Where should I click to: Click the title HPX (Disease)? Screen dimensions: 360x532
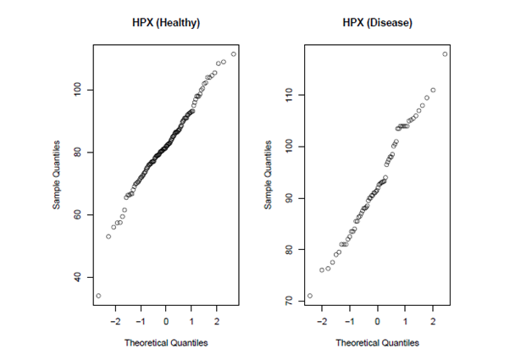377,23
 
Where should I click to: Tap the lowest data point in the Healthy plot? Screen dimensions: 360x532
98,296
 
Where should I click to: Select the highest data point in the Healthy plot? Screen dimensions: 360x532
234,54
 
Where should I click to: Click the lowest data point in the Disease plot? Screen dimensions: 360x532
309,296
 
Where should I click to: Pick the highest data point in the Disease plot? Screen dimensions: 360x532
445,54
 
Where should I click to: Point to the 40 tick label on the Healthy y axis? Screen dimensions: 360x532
77,277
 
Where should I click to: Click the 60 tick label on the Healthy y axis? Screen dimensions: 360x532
77,214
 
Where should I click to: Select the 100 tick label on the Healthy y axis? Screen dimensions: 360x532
77,90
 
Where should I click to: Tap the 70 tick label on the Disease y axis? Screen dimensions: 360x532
288,301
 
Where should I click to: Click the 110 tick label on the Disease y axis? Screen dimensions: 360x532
288,95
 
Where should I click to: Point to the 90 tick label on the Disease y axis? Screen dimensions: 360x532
288,198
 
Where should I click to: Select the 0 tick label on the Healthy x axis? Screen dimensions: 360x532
166,323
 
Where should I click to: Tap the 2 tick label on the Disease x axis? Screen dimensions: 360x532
433,323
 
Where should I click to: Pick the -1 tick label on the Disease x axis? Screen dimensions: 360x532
349,323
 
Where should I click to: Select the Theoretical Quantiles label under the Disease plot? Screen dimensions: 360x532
377,343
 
